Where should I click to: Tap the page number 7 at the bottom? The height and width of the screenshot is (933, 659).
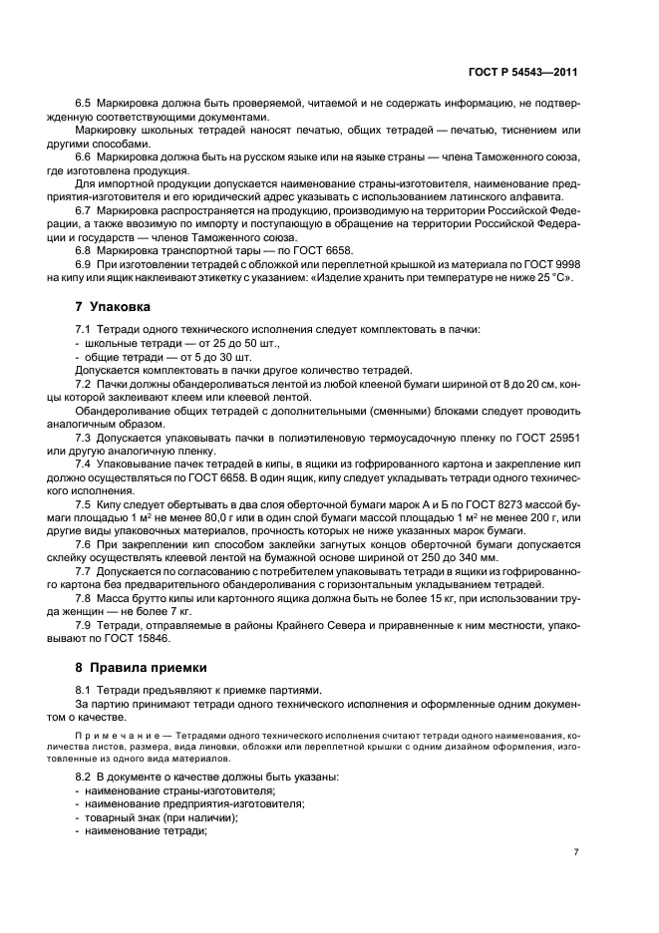coord(576,851)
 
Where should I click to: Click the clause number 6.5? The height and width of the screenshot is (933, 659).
coord(83,104)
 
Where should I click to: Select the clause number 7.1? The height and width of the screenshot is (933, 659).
coord(83,330)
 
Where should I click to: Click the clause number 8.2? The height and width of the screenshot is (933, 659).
coord(83,777)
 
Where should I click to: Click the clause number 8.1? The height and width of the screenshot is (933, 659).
coord(83,689)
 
